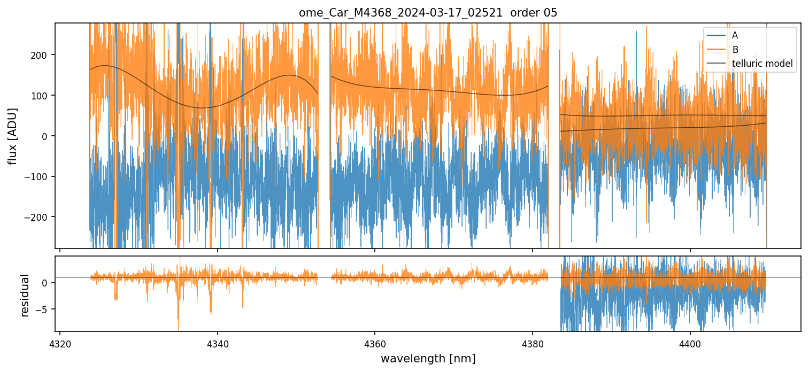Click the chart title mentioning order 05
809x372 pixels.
(428, 13)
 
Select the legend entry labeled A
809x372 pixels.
(735, 35)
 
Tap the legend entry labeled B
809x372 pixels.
(735, 50)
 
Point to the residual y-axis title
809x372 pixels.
(25, 295)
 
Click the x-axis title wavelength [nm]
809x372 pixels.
(428, 358)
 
